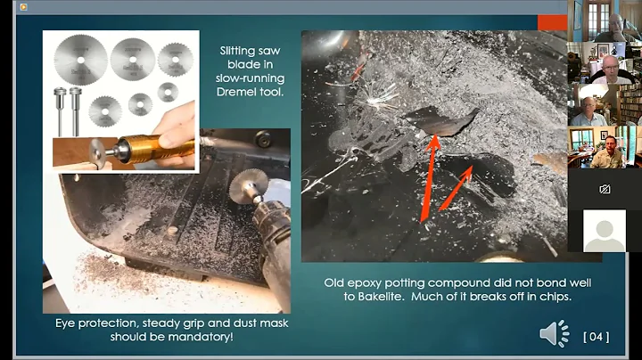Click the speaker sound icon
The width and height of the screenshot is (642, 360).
pyautogui.click(x=555, y=334)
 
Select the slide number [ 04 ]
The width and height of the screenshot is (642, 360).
pyautogui.click(x=597, y=337)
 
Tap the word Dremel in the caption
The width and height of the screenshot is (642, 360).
pyautogui.click(x=235, y=92)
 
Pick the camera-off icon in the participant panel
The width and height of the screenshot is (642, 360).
pyautogui.click(x=605, y=189)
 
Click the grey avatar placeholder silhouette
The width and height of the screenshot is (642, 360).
pyautogui.click(x=605, y=231)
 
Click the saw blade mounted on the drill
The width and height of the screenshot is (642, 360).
pyautogui.click(x=248, y=185)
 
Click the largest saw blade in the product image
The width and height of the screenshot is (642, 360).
pyautogui.click(x=81, y=60)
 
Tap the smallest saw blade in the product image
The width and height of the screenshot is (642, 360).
pyautogui.click(x=168, y=92)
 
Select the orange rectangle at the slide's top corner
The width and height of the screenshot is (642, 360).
pyautogui.click(x=552, y=23)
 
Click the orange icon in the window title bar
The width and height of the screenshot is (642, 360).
pyautogui.click(x=23, y=6)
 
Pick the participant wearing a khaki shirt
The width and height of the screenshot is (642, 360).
pyautogui.click(x=608, y=154)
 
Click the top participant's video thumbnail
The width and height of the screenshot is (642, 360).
pyautogui.click(x=605, y=20)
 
